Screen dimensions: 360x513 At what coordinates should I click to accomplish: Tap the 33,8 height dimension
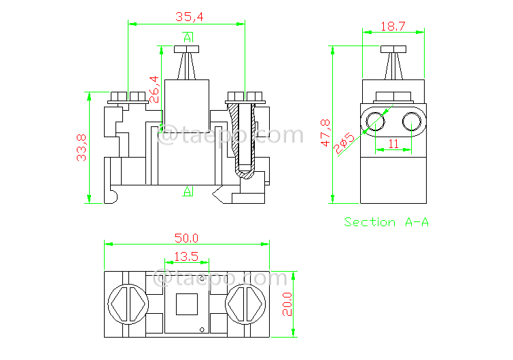pyautogui.click(x=81, y=147)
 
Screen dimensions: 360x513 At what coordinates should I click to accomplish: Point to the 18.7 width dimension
pyautogui.click(x=393, y=26)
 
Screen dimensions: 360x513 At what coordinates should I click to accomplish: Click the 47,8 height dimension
pyautogui.click(x=325, y=133)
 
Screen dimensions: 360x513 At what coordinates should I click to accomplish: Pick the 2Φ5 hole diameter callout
pyautogui.click(x=344, y=143)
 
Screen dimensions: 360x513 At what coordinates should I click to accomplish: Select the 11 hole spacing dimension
pyautogui.click(x=393, y=143)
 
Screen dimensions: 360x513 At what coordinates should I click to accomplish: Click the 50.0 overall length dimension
pyautogui.click(x=186, y=238)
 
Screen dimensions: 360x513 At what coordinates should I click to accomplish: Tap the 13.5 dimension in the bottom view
pyautogui.click(x=186, y=257)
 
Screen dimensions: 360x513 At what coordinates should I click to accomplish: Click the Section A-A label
pyautogui.click(x=386, y=222)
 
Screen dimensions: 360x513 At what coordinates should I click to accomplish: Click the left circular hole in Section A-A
pyautogui.click(x=374, y=122)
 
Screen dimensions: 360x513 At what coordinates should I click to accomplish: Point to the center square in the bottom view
pyautogui.click(x=186, y=304)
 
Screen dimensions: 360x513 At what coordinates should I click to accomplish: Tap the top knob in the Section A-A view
pyautogui.click(x=393, y=50)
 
